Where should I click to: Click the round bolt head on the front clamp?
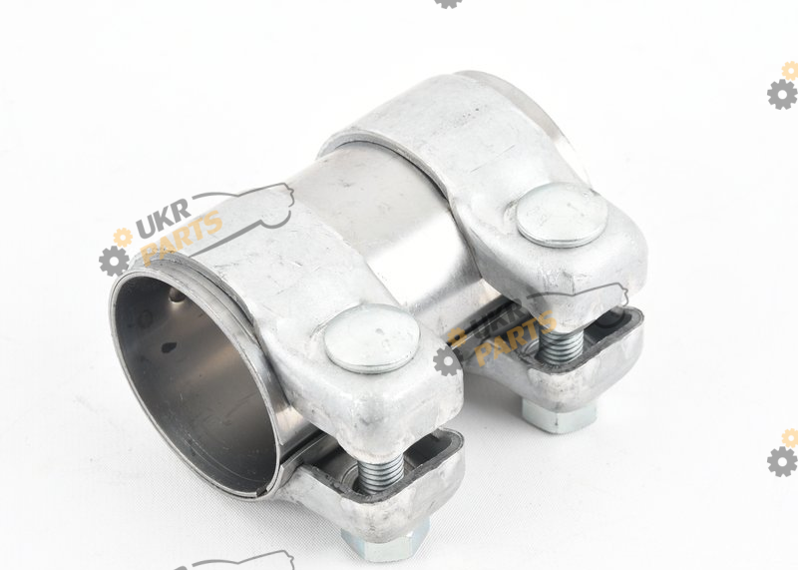coord(371,338)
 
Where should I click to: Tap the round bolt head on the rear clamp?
coord(562,215)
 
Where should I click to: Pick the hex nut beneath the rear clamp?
coord(559,414)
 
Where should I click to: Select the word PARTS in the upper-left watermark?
coord(182,239)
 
